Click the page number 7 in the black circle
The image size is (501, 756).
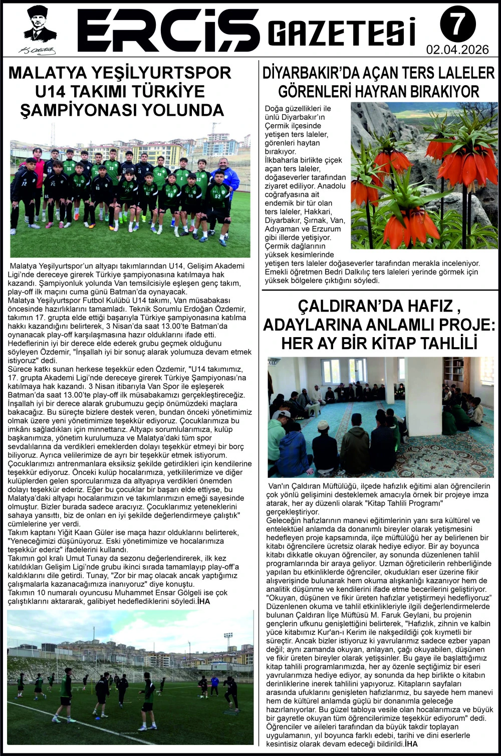tap(458, 24)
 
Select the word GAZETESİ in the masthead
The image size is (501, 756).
tap(342, 33)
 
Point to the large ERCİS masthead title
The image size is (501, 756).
tap(168, 30)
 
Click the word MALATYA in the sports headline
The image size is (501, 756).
tap(48, 73)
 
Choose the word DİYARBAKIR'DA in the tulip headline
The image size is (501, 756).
tap(311, 73)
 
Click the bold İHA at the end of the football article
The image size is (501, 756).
tap(203, 601)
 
